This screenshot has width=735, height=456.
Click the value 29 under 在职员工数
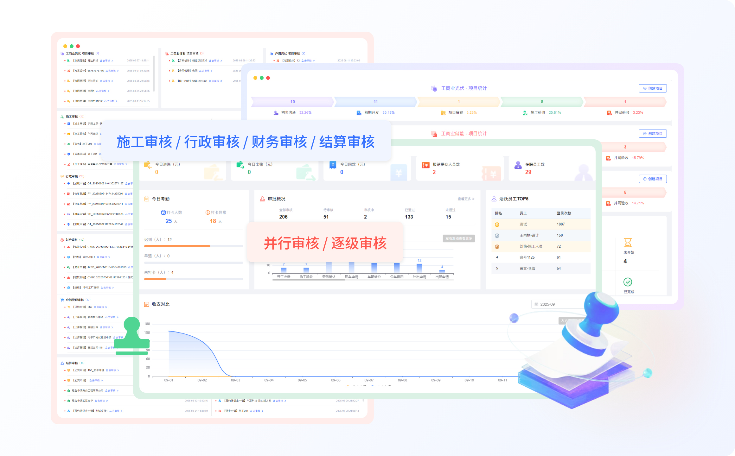(x=528, y=172)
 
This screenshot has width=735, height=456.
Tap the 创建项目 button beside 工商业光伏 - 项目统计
(x=653, y=88)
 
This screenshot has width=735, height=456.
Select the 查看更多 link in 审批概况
(x=466, y=199)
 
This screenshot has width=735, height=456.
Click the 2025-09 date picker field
(x=558, y=304)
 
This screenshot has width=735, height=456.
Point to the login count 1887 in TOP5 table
(x=561, y=224)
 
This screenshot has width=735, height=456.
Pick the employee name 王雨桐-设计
(x=529, y=235)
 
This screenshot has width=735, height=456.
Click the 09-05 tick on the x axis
(x=302, y=380)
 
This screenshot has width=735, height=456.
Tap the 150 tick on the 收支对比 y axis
(x=147, y=332)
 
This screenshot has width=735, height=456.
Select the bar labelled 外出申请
(x=419, y=268)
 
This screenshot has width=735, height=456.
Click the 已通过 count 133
(x=409, y=217)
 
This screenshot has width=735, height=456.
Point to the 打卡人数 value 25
(x=169, y=221)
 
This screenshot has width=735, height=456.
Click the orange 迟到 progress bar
(x=177, y=246)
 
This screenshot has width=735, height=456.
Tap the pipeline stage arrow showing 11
(x=375, y=102)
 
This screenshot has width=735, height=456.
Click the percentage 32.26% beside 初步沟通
(x=305, y=112)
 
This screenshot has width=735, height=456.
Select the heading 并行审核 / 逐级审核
(x=325, y=243)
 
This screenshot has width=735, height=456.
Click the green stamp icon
(x=132, y=336)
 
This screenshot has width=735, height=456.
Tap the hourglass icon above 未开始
(x=628, y=243)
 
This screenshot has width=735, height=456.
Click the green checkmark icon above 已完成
(x=628, y=282)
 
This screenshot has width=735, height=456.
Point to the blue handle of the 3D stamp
(x=602, y=313)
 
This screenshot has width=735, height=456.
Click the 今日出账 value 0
(x=249, y=172)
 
